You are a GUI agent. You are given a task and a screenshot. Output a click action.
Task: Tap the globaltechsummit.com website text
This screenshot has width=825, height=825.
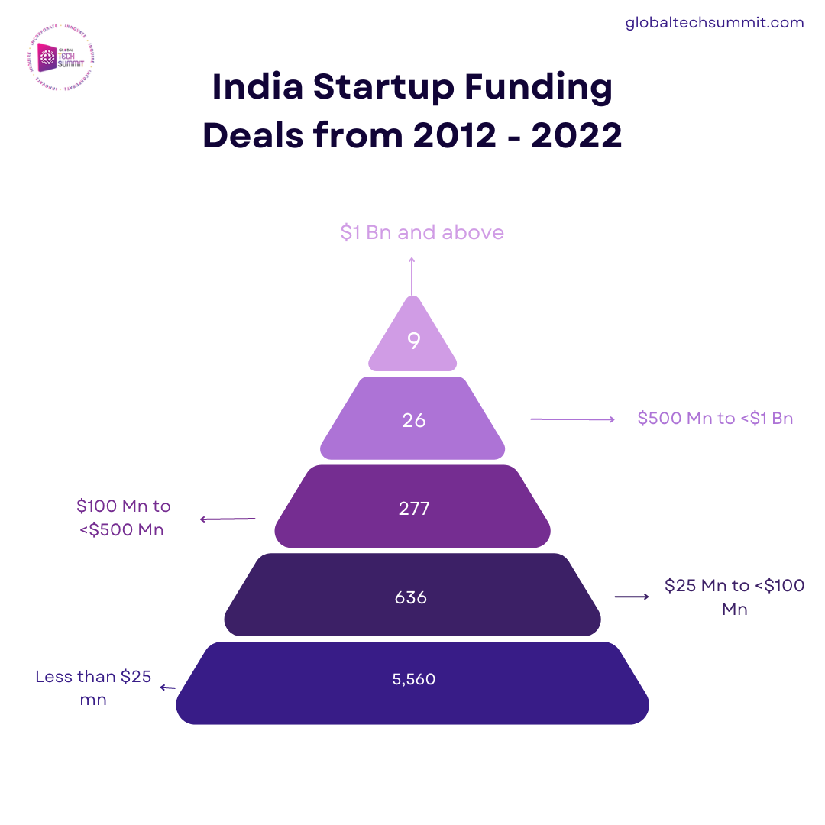click(714, 23)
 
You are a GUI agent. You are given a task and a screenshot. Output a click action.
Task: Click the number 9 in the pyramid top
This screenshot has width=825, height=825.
click(413, 341)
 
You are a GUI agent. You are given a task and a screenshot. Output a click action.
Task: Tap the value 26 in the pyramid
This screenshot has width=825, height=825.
click(413, 419)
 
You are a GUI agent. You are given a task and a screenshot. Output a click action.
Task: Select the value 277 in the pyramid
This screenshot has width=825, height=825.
click(413, 508)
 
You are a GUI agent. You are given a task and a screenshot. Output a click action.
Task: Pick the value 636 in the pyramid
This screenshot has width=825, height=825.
click(411, 597)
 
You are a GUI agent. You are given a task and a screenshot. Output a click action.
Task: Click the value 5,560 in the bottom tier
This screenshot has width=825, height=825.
click(413, 678)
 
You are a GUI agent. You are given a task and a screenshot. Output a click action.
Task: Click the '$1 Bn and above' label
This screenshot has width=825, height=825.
click(422, 232)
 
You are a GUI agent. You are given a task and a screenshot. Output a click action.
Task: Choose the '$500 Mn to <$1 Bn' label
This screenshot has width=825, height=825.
click(715, 419)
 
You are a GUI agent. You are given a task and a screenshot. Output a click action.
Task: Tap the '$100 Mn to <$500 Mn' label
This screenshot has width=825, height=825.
click(123, 517)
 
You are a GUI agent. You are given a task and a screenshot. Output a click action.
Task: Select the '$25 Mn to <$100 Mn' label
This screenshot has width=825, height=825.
click(734, 597)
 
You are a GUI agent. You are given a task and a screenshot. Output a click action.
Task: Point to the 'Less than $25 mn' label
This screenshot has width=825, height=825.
click(93, 687)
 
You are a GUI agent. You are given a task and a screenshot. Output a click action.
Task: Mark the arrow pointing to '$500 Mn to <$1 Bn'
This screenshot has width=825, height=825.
click(572, 419)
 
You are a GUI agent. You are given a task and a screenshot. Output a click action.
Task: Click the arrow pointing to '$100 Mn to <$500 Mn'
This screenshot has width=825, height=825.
click(228, 519)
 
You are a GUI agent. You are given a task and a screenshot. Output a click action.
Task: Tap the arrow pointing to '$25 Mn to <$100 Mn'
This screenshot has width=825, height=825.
click(632, 596)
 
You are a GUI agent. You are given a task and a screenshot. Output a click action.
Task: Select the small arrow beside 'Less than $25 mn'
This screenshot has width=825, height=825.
click(167, 687)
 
